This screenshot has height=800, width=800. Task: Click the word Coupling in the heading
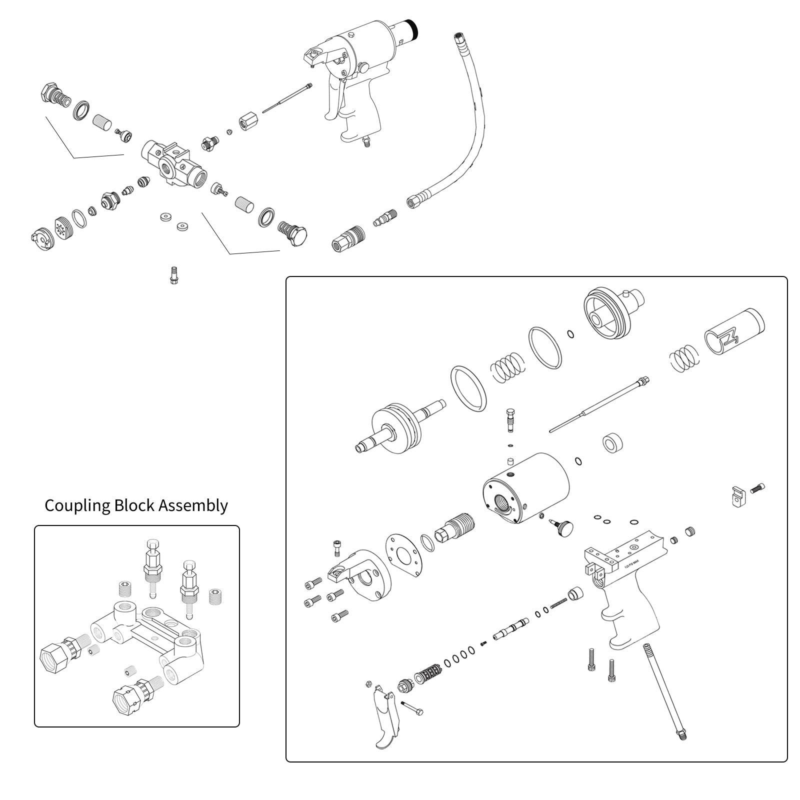77,505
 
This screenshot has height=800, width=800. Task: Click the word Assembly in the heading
193,505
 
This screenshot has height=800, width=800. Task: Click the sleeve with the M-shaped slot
734,332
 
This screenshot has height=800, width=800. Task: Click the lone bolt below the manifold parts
173,275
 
